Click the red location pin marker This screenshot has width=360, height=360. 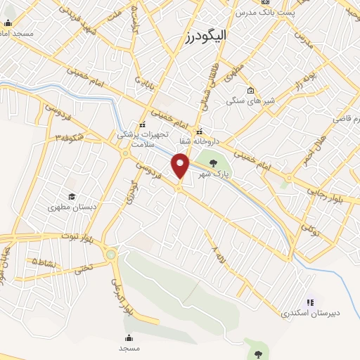(x=181, y=166)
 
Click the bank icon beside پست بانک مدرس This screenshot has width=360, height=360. (x=264, y=2)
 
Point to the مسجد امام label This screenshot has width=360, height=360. (x=17, y=33)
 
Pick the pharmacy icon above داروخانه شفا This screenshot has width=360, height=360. (x=200, y=131)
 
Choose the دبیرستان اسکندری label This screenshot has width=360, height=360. (x=308, y=311)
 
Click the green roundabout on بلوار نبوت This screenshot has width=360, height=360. (x=110, y=254)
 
